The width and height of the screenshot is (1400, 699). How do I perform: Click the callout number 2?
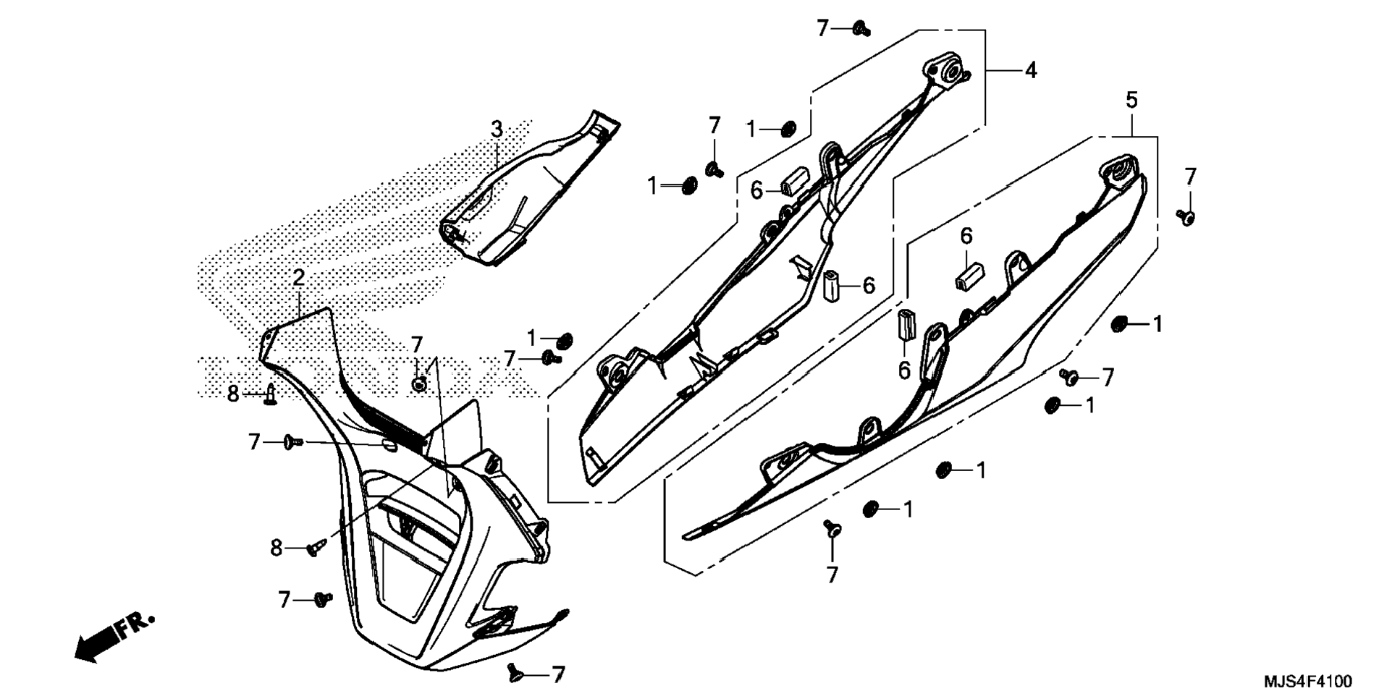(x=298, y=277)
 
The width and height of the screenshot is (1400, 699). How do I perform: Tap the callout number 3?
(x=497, y=130)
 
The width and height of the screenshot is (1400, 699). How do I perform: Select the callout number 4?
(x=1030, y=71)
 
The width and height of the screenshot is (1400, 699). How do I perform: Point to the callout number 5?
(x=1131, y=100)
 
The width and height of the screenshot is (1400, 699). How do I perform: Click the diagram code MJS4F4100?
(x=1307, y=682)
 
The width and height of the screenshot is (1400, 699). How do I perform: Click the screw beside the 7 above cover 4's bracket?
(x=861, y=30)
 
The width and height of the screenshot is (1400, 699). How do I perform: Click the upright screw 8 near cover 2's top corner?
(x=271, y=395)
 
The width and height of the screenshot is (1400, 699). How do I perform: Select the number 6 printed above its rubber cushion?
(x=966, y=236)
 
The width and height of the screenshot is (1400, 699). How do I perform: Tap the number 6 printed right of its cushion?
(x=869, y=285)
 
